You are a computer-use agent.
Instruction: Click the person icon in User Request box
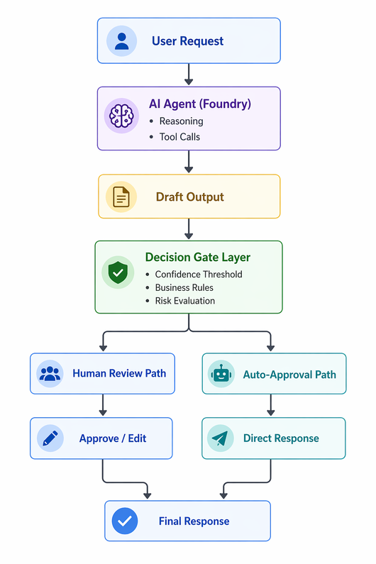click(121, 41)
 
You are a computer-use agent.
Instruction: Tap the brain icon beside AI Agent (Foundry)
click(121, 116)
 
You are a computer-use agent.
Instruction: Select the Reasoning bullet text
click(182, 121)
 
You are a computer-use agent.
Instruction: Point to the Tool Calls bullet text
click(179, 137)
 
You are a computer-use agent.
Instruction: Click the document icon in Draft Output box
click(121, 197)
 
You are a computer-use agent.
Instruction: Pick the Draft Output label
click(190, 197)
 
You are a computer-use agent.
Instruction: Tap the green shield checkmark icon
click(118, 272)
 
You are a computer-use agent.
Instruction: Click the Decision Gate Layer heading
click(198, 258)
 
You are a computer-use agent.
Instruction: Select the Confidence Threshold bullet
click(199, 275)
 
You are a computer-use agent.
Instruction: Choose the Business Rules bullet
click(184, 288)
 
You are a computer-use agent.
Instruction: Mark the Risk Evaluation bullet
click(185, 301)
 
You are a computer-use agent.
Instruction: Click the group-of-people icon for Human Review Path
click(50, 374)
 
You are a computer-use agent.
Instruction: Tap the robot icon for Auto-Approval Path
click(221, 375)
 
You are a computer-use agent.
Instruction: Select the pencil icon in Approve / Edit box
click(50, 438)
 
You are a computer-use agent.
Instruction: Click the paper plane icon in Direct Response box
click(220, 438)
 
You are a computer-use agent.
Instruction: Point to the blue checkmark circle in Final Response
click(125, 521)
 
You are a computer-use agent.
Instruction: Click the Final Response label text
click(194, 521)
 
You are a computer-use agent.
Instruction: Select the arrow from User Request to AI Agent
click(189, 74)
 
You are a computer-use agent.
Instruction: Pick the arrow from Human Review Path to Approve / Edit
click(103, 405)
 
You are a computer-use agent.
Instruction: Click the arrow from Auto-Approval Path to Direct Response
click(270, 405)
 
